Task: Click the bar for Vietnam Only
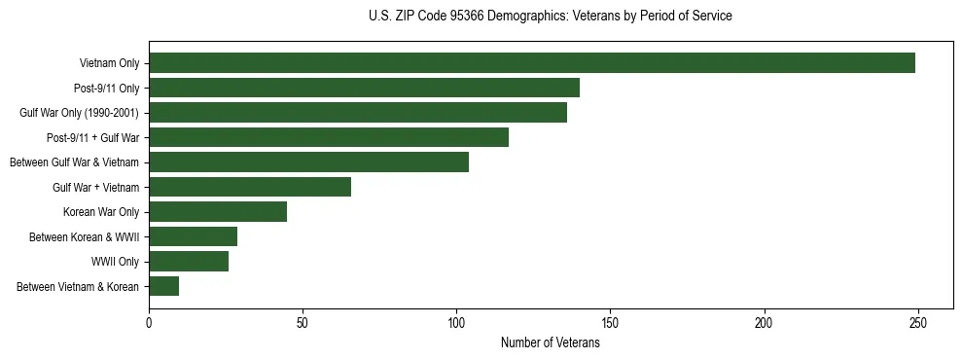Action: [532, 63]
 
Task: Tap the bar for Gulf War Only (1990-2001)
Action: [358, 113]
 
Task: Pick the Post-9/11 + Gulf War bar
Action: [329, 137]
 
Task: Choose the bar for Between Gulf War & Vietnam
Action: [308, 162]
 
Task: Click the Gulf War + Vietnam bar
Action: [250, 187]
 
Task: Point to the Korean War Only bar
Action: [218, 212]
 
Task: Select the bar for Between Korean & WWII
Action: [193, 236]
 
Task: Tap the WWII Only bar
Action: [189, 262]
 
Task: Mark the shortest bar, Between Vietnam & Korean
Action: [163, 286]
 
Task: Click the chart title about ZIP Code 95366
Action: [551, 17]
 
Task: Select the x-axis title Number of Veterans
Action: [551, 343]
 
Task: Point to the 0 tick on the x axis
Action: [149, 322]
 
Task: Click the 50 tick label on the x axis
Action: [303, 322]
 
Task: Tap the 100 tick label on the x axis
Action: [456, 322]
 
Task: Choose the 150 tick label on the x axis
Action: [610, 322]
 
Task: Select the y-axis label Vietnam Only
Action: [109, 63]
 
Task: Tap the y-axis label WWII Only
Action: [115, 262]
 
